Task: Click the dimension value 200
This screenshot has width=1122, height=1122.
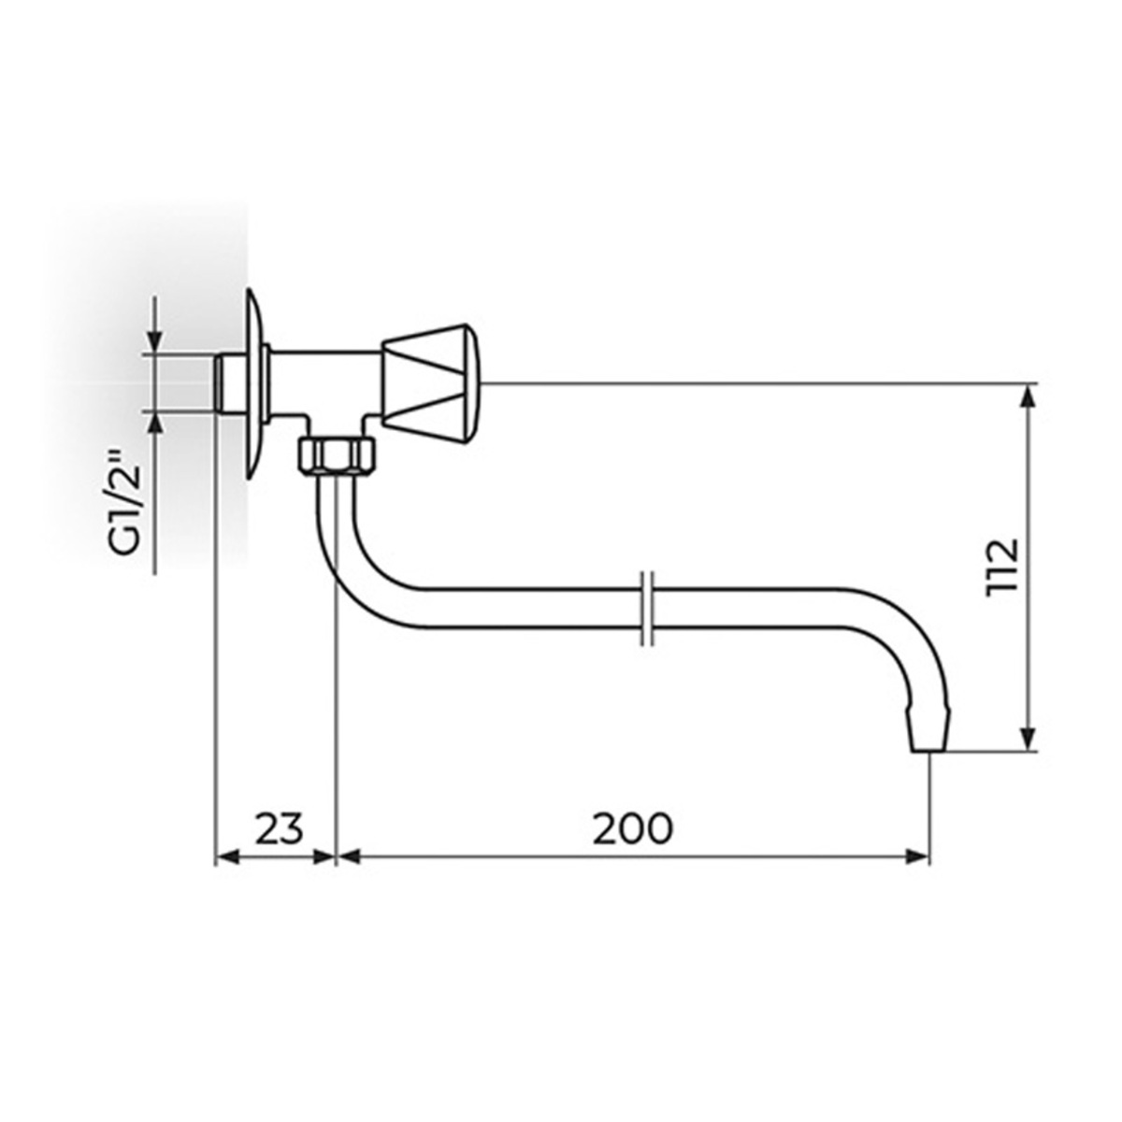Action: pyautogui.click(x=632, y=828)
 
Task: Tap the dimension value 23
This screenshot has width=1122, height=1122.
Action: pyautogui.click(x=280, y=828)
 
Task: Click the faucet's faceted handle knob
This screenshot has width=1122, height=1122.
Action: pyautogui.click(x=431, y=384)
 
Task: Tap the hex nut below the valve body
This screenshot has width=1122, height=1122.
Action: pyautogui.click(x=338, y=456)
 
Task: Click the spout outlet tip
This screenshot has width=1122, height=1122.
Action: pyautogui.click(x=929, y=737)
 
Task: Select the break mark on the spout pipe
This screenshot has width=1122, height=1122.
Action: pyautogui.click(x=646, y=609)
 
